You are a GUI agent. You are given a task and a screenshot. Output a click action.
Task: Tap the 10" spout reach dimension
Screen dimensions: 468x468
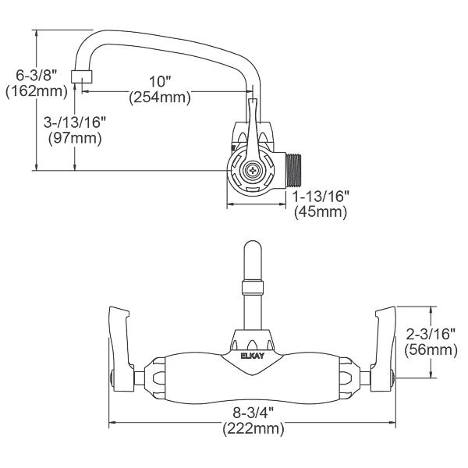point(160,81)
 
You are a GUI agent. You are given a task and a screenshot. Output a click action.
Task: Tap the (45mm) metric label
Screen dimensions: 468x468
point(321,212)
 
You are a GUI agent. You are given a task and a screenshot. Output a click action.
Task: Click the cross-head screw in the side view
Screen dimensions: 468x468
point(253,170)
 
